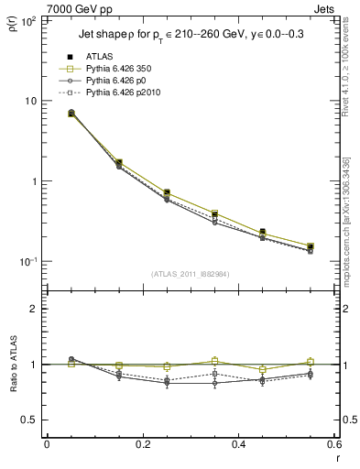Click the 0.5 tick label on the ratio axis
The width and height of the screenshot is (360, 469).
pos(30,420)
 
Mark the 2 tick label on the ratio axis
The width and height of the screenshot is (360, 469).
pos(34,309)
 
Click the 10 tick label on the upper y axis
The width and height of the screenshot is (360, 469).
pos(30,101)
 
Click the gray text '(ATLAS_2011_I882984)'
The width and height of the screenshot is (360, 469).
pos(191,273)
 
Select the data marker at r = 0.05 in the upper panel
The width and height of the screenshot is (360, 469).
pos(71,114)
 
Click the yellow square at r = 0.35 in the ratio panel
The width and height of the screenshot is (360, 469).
pos(214,361)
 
